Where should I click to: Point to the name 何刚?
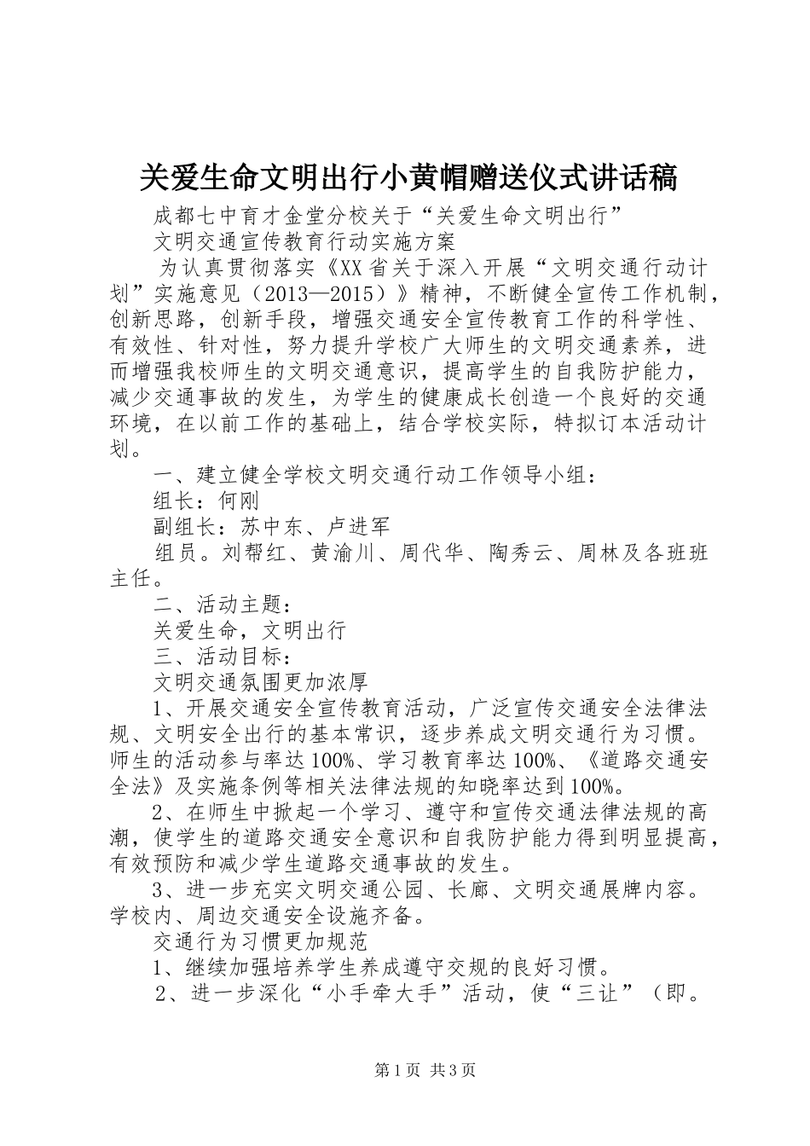[x=239, y=500]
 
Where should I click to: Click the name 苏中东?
[x=250, y=526]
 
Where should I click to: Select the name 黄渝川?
[x=341, y=553]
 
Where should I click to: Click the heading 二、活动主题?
[x=217, y=605]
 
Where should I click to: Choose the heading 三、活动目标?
[x=217, y=657]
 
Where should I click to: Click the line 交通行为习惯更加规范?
[x=260, y=941]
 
